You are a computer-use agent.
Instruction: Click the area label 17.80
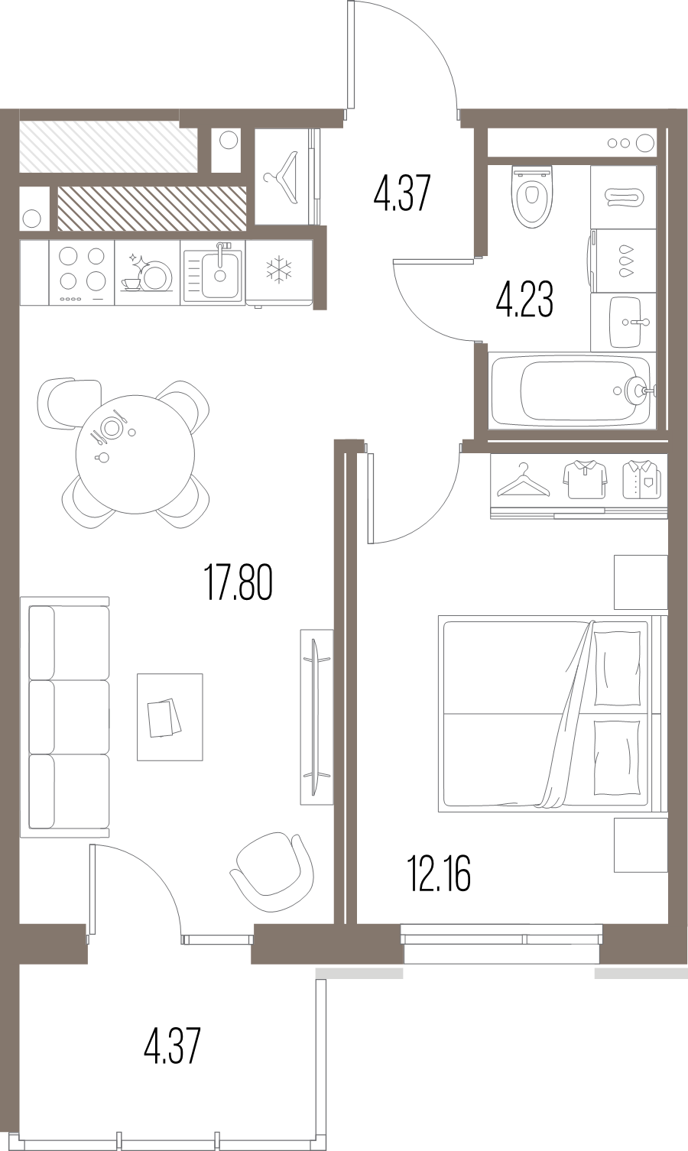pyautogui.click(x=239, y=582)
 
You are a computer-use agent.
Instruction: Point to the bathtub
pyautogui.click(x=571, y=391)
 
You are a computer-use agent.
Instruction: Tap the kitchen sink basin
pyautogui.click(x=219, y=274)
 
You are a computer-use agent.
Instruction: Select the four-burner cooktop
pyautogui.click(x=82, y=273)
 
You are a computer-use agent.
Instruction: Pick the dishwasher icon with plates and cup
pyautogui.click(x=148, y=273)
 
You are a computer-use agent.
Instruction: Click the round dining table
pyautogui.click(x=135, y=453)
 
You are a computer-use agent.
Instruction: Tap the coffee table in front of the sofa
pyautogui.click(x=170, y=717)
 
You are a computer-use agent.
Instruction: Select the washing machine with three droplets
pyautogui.click(x=623, y=261)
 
